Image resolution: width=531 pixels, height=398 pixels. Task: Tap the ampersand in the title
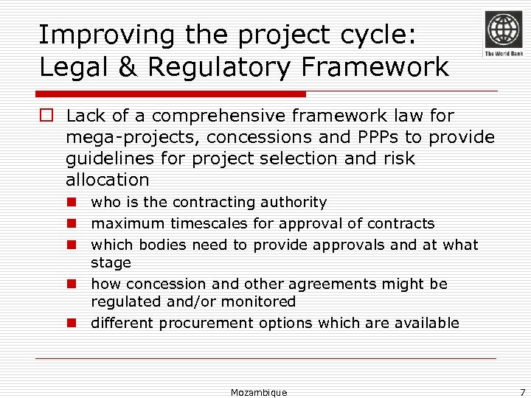127,67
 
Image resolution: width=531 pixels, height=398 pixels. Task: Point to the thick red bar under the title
171,94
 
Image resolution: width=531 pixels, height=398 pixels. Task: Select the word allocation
107,180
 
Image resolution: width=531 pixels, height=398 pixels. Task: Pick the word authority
294,202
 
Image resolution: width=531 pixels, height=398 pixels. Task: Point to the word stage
111,263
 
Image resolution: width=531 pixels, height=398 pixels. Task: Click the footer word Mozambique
259,392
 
